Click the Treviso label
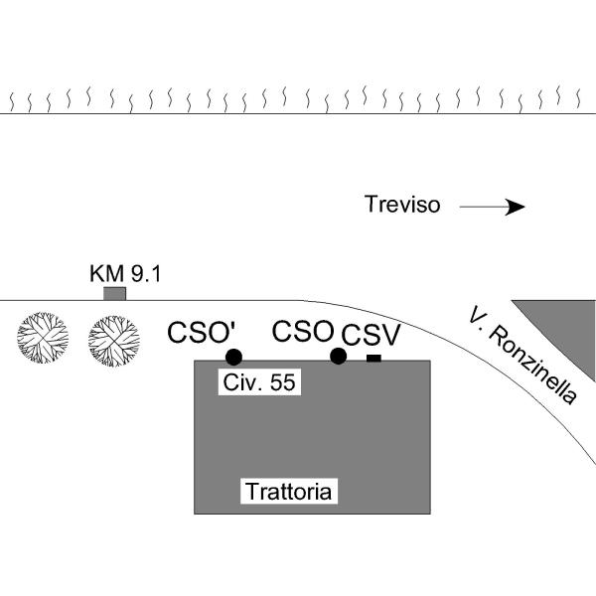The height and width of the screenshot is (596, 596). (x=403, y=206)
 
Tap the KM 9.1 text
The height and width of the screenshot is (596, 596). (x=124, y=273)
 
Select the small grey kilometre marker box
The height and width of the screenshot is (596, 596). (x=115, y=294)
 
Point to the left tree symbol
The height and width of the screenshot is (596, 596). (x=42, y=340)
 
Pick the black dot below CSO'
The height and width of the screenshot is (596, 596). (x=233, y=357)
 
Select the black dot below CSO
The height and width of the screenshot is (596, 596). (x=338, y=357)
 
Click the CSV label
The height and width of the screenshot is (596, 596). (x=371, y=334)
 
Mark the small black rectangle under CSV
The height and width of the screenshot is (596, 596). (x=373, y=358)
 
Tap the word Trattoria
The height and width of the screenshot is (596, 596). (x=291, y=491)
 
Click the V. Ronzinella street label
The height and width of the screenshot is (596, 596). (x=522, y=356)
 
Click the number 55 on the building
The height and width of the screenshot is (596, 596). (x=282, y=382)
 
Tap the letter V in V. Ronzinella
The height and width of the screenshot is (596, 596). (x=477, y=316)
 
